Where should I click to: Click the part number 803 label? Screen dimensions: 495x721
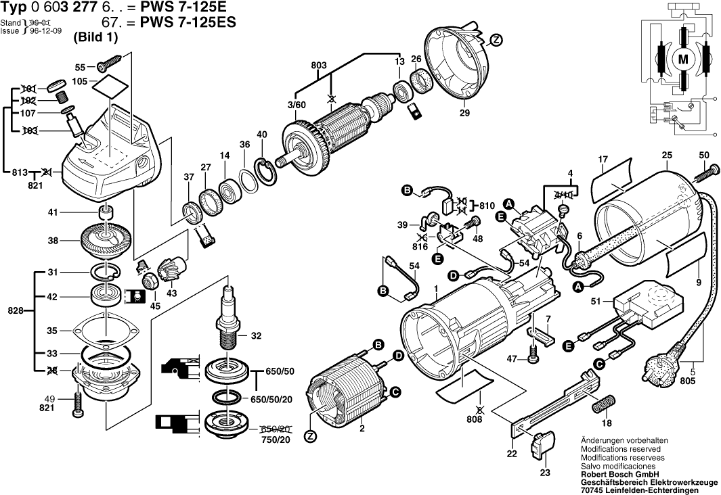[x=319, y=65]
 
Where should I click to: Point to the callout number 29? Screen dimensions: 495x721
[x=464, y=113]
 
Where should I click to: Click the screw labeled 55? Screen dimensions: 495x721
[x=108, y=66]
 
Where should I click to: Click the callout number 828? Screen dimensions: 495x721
[x=15, y=311]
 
